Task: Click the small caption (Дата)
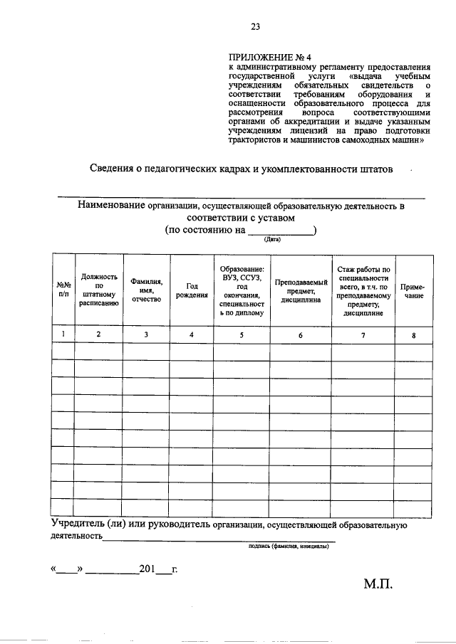(x=272, y=240)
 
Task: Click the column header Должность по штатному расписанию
(x=98, y=291)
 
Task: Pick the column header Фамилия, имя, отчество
(x=146, y=291)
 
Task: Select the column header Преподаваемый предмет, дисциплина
(x=301, y=291)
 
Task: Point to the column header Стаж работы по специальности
(x=363, y=291)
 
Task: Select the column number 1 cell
(x=63, y=334)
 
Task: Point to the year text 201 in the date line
(x=147, y=569)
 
